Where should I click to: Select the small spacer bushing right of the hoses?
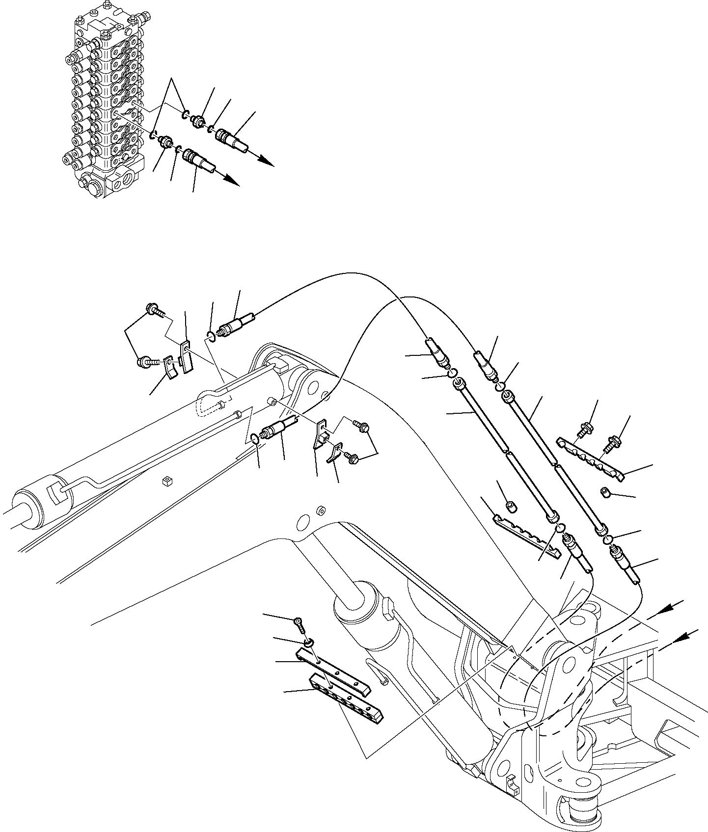pyautogui.click(x=605, y=491)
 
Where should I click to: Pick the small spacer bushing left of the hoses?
pyautogui.click(x=511, y=505)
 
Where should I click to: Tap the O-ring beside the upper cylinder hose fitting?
pyautogui.click(x=211, y=336)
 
